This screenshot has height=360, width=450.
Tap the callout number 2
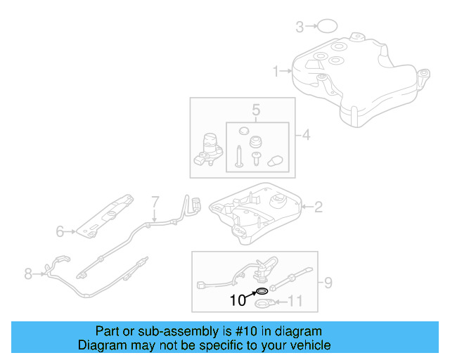pos(318,207)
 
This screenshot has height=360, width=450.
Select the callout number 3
pos(300,27)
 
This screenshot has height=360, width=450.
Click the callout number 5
pos(257,110)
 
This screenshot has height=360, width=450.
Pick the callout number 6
pos(60,230)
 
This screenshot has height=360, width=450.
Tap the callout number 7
pos(156,201)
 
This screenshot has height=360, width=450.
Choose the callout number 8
pos(28,274)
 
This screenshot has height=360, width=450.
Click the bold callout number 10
pos(238,300)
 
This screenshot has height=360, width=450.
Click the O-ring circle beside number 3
pos(326,27)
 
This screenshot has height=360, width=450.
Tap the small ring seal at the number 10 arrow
pos(260,290)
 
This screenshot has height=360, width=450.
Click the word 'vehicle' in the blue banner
pos(306,345)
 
